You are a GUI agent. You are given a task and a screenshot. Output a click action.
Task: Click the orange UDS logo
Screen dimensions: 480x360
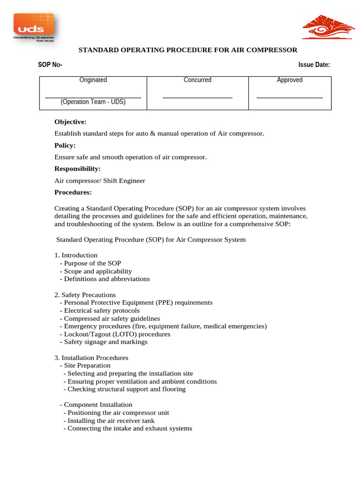click(34, 27)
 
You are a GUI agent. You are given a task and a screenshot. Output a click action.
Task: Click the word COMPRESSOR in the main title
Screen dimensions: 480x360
click(272, 50)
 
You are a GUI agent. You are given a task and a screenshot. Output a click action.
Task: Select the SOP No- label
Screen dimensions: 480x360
click(50, 65)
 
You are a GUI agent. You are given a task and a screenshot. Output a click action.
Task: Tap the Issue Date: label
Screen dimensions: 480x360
click(314, 65)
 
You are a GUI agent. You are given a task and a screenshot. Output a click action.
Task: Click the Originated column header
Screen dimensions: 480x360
click(93, 80)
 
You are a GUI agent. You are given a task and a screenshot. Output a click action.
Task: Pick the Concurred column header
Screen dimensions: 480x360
click(197, 80)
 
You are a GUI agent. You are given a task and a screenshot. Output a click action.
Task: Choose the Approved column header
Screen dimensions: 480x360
click(290, 80)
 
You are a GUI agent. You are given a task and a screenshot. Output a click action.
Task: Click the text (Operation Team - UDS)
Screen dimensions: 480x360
click(93, 101)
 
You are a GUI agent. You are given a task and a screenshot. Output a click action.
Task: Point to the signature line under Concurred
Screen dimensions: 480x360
click(197, 97)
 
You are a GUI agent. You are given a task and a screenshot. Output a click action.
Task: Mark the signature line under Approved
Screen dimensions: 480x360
click(290, 97)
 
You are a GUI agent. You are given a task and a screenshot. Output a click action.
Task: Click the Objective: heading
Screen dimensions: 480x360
click(70, 122)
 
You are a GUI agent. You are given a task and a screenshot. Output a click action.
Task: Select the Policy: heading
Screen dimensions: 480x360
click(65, 145)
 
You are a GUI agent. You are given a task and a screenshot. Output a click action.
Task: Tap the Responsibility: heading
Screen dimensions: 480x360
click(77, 169)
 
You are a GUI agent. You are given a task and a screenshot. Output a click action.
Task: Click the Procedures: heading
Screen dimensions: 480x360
click(73, 192)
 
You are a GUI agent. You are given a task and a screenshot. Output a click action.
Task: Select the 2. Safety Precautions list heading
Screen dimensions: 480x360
click(85, 295)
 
